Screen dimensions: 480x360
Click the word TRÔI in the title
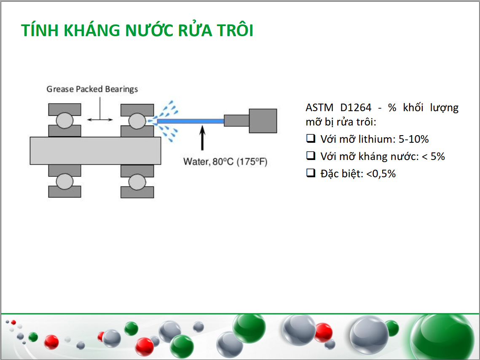(235, 30)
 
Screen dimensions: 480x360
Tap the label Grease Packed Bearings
(92, 89)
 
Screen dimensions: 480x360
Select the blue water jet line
(190, 121)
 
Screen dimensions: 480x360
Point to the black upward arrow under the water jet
(202, 138)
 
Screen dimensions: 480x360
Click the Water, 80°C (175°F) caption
(225, 162)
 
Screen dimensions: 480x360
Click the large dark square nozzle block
(263, 121)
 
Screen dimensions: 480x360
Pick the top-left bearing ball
(64, 120)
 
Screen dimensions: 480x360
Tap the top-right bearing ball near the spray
(137, 121)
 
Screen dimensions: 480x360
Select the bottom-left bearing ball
(64, 181)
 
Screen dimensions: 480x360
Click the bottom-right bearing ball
(137, 182)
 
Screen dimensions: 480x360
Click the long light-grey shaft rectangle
(95, 151)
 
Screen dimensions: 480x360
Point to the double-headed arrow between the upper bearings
(100, 120)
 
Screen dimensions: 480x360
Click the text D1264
(356, 108)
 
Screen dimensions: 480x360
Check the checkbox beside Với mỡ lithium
(311, 138)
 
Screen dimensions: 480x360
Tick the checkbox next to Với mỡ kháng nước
(311, 155)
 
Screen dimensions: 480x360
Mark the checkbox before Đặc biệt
(311, 173)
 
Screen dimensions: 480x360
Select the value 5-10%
(413, 139)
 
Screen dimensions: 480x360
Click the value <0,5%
(381, 174)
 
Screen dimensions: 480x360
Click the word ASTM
(319, 108)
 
